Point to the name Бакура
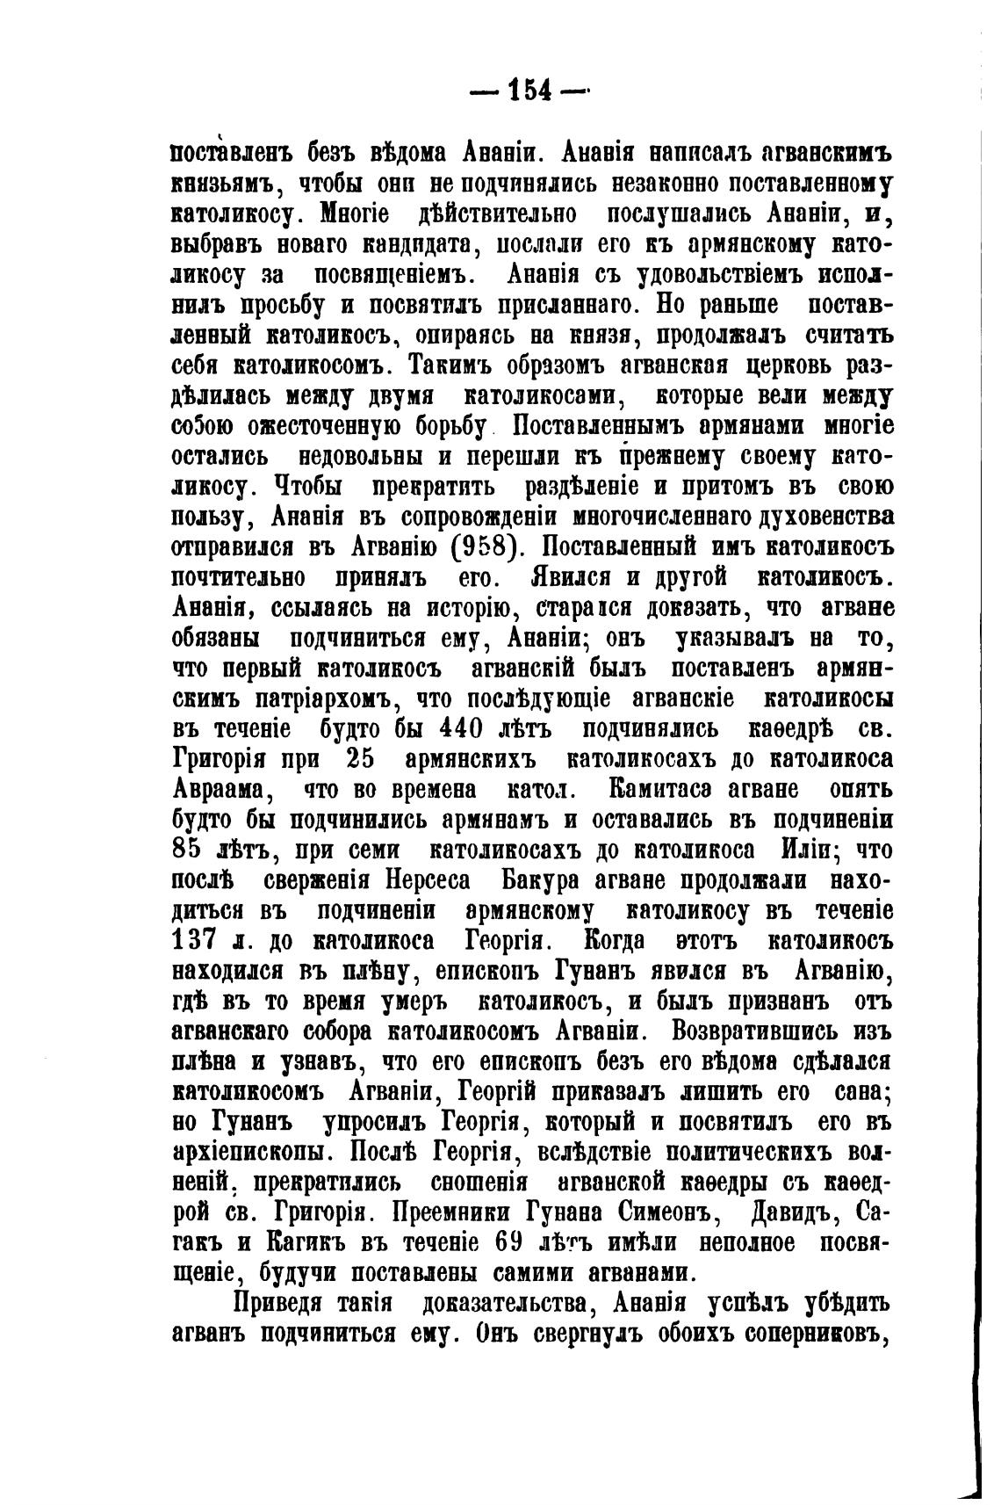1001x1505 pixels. tap(551, 881)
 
